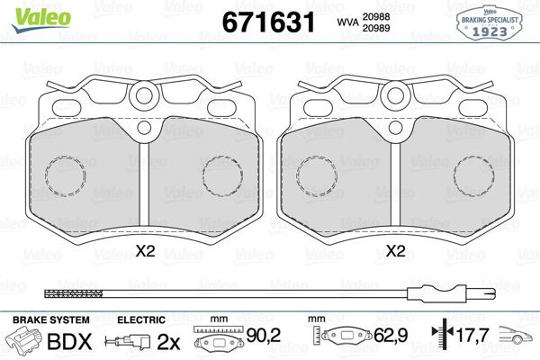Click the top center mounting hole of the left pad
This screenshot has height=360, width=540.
click(145, 95)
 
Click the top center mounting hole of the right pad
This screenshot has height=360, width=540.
click(394, 95)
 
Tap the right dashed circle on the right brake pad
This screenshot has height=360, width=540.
click(473, 175)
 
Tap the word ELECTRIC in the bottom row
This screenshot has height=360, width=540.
click(141, 319)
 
